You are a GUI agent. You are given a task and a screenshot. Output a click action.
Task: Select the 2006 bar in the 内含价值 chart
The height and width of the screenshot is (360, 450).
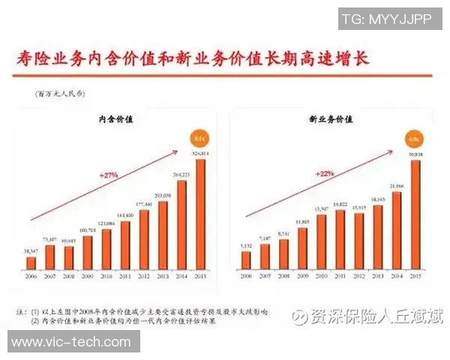(31, 262)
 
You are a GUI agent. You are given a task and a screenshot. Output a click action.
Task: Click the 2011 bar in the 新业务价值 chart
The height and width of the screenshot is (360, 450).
(340, 238)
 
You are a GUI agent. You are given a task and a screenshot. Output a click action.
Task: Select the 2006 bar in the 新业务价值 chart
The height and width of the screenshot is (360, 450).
(247, 259)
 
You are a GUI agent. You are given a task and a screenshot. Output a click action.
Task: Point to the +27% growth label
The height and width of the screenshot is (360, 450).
(109, 174)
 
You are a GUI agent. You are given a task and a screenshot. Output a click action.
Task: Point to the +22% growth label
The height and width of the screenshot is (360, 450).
(323, 174)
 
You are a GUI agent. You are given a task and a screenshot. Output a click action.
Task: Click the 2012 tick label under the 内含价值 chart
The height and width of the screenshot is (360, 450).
(143, 276)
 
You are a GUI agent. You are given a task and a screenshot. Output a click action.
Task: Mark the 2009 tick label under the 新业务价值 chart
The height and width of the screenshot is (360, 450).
(302, 276)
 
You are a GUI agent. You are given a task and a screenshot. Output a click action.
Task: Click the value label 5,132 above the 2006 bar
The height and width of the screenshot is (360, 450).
(246, 245)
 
